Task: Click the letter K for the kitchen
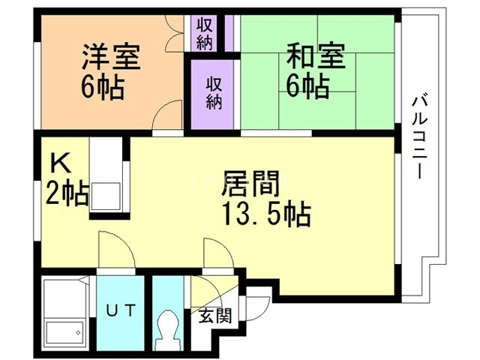(59, 162)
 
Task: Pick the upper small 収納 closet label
(205, 33)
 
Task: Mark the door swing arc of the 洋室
(166, 116)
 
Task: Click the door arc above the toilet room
(217, 253)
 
